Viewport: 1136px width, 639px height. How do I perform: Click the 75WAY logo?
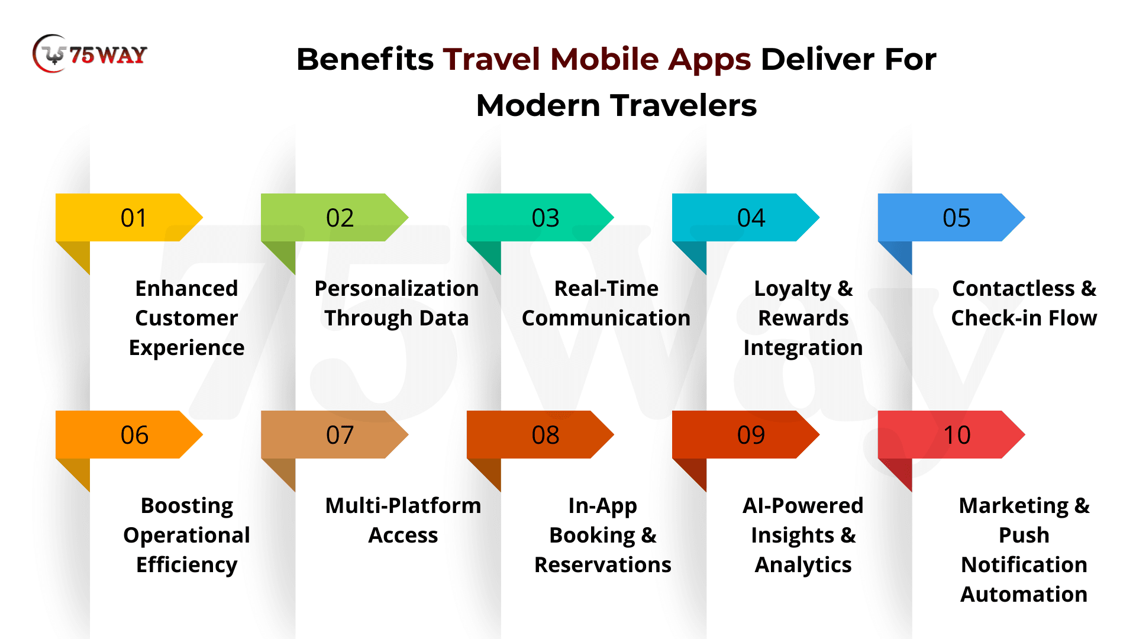90,54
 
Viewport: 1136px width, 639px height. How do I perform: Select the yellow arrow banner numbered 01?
129,217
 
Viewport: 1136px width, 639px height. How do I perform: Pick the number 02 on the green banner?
340,218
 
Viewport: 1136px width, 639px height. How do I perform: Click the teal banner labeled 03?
540,217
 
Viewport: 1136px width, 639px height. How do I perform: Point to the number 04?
751,218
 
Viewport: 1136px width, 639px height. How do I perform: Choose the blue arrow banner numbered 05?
951,217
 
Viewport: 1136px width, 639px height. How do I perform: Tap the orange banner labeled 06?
129,434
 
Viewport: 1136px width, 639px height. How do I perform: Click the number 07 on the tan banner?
340,435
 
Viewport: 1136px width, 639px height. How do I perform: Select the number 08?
546,435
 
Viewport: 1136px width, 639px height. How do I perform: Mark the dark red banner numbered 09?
745,434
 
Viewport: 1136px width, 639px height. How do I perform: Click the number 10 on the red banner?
957,435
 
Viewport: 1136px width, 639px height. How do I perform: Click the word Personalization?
396,289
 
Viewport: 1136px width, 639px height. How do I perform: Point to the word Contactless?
1014,288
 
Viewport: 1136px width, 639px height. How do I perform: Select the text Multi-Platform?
403,505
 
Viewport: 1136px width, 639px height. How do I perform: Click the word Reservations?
603,564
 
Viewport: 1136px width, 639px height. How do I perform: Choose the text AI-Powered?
803,505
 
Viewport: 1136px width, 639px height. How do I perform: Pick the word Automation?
1024,594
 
